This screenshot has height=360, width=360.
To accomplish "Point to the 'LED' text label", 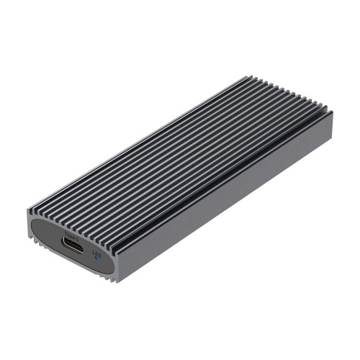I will [x=97, y=253].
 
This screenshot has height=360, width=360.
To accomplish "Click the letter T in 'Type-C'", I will [x=67, y=233].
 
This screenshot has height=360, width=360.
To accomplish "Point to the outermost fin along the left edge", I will [x=130, y=144].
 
